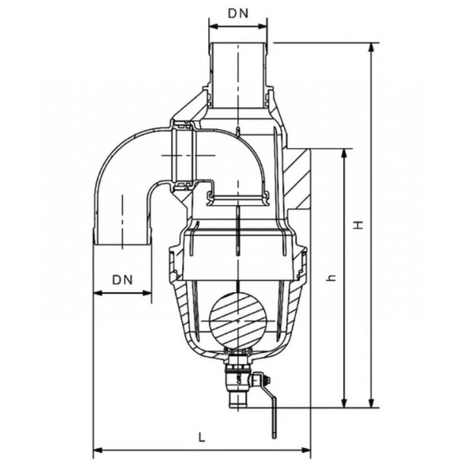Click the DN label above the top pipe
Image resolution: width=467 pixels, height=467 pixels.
pyautogui.click(x=238, y=14)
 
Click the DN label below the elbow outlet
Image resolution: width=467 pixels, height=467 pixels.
pyautogui.click(x=122, y=280)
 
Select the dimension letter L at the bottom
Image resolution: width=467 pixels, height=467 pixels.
pyautogui.click(x=202, y=437)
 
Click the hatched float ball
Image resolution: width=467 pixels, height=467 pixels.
pyautogui.click(x=238, y=320)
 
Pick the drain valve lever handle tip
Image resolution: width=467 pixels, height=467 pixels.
pyautogui.click(x=274, y=436)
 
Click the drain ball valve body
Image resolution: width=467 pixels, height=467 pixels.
pyautogui.click(x=238, y=379)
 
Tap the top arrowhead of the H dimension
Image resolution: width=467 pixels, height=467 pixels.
pyautogui.click(x=371, y=47)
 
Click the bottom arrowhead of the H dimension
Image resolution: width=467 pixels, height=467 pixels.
pyautogui.click(x=371, y=402)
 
